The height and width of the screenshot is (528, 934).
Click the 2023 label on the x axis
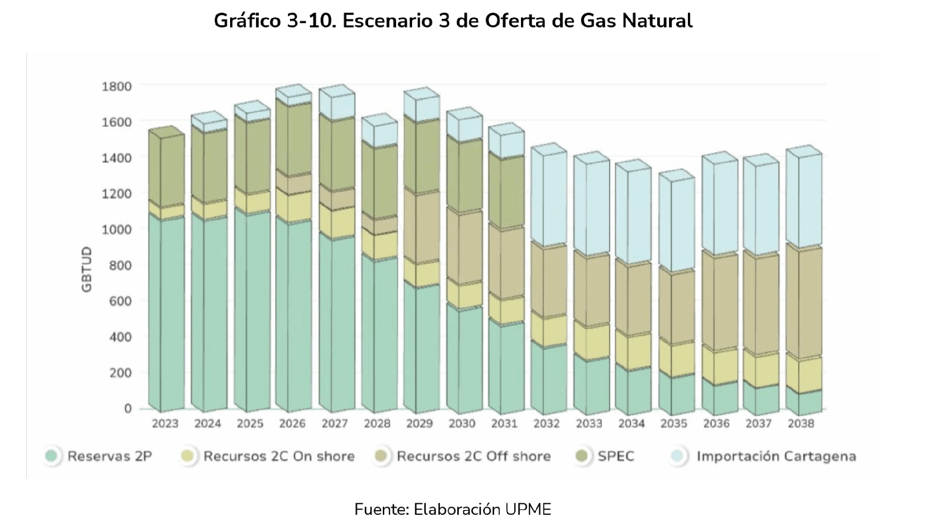pos(165,424)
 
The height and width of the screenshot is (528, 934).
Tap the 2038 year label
pos(801,424)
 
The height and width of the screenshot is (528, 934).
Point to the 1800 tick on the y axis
pos(117,87)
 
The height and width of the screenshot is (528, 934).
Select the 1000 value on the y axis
pos(117,229)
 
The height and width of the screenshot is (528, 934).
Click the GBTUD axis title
pos(87,270)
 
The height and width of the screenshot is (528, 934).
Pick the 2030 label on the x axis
pos(462,424)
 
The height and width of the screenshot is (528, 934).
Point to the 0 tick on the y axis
pos(127,409)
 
